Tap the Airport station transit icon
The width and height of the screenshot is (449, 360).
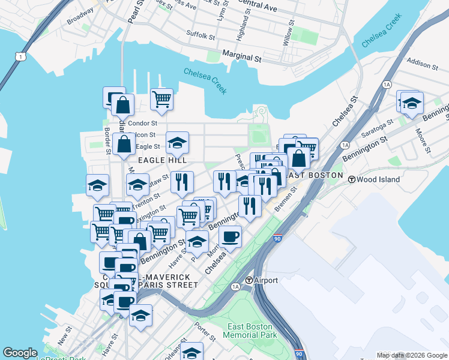[x=249, y=280]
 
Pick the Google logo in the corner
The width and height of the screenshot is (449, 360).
[x=20, y=353]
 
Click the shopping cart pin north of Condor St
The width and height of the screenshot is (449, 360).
[x=161, y=99]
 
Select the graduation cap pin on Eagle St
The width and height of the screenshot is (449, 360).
[x=177, y=142]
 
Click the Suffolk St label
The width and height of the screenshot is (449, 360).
[x=200, y=35]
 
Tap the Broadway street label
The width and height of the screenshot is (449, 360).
[x=80, y=19]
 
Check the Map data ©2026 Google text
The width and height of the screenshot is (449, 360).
[x=412, y=355]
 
